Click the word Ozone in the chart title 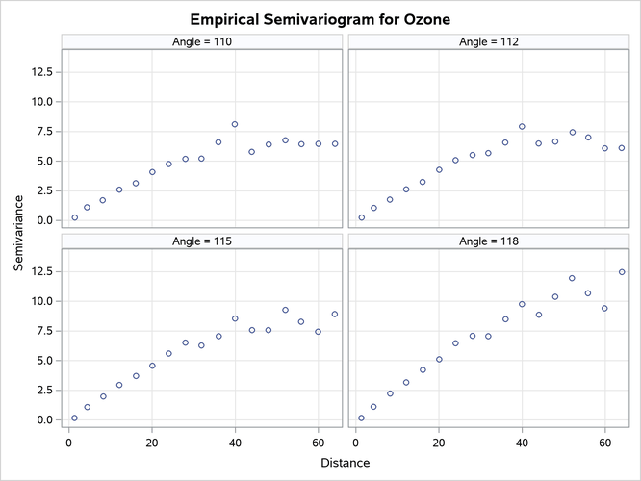[424, 19]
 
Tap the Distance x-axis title [346, 463]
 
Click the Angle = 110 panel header [202, 41]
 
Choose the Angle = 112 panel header [488, 41]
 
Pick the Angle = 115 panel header [202, 241]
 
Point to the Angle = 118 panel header [488, 241]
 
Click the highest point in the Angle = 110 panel [235, 124]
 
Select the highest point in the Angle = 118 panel [622, 272]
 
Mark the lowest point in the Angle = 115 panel [74, 418]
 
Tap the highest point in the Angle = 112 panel [522, 126]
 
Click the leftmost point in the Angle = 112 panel [361, 217]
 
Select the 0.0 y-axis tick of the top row [41, 220]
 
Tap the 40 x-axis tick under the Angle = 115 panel [235, 443]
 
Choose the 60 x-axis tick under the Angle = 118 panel [605, 443]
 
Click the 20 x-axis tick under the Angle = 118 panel [439, 443]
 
